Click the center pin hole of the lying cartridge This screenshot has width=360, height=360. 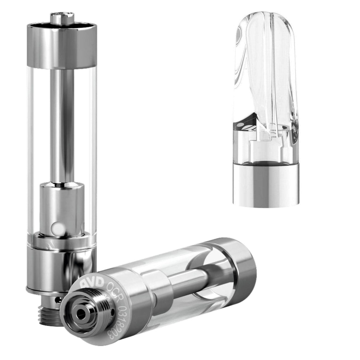(82, 314)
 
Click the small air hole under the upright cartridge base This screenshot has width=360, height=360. (58, 300)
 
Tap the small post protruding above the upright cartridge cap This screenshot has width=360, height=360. (62, 18)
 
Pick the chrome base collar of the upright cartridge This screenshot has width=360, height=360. (60, 267)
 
